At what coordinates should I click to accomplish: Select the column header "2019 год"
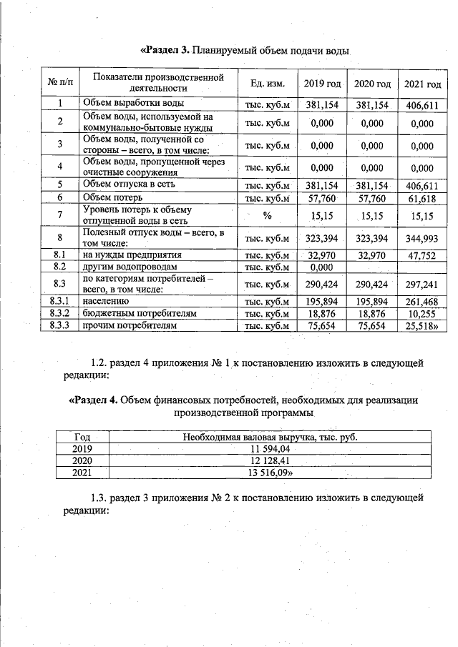pyautogui.click(x=322, y=84)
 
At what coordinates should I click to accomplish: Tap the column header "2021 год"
pyautogui.click(x=422, y=84)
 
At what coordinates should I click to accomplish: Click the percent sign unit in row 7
pyautogui.click(x=268, y=214)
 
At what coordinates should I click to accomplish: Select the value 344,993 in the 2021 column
pyautogui.click(x=422, y=237)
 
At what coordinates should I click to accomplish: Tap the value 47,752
pyautogui.click(x=422, y=255)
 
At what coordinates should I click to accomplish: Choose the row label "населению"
pyautogui.click(x=106, y=301)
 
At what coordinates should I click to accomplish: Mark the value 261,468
pyautogui.click(x=422, y=302)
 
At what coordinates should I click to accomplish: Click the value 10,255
pyautogui.click(x=422, y=314)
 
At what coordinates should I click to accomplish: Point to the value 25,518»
pyautogui.click(x=422, y=326)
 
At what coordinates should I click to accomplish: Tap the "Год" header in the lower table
pyautogui.click(x=82, y=436)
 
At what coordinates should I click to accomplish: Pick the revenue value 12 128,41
pyautogui.click(x=269, y=460)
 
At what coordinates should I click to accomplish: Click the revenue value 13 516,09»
pyautogui.click(x=269, y=473)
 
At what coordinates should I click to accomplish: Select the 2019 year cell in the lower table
pyautogui.click(x=82, y=448)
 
